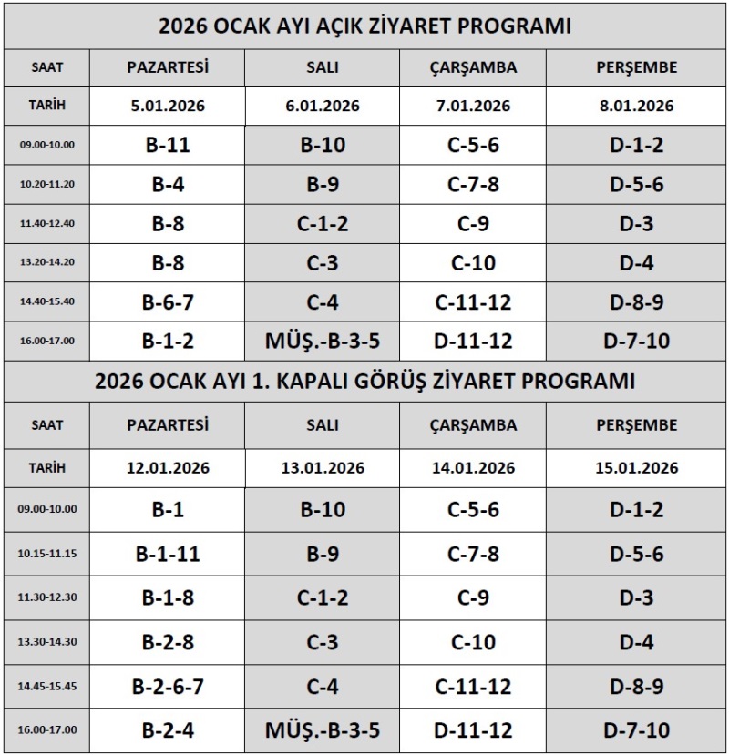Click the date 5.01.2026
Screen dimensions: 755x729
click(x=168, y=106)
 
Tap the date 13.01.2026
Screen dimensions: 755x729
click(x=323, y=468)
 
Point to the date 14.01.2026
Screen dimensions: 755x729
click(x=473, y=468)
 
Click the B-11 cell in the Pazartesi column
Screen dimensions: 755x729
click(x=168, y=145)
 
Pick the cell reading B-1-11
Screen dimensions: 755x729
click(x=168, y=554)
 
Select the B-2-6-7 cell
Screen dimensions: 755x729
click(x=168, y=687)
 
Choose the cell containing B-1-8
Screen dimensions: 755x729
click(x=168, y=597)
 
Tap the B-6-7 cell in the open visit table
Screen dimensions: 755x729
click(x=168, y=301)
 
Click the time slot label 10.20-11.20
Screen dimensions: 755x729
click(x=47, y=184)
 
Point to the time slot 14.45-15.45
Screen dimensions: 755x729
click(x=47, y=686)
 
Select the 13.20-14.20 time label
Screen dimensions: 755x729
click(x=47, y=262)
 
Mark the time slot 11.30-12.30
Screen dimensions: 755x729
click(x=47, y=597)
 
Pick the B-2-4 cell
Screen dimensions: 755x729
click(x=168, y=729)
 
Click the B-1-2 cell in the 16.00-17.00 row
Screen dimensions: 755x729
click(x=168, y=341)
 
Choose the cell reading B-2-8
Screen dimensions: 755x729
click(x=168, y=642)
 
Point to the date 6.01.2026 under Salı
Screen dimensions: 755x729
click(x=323, y=106)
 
